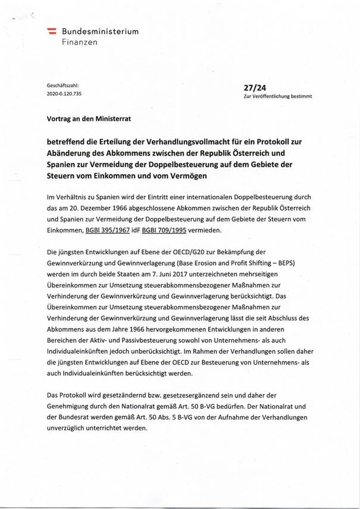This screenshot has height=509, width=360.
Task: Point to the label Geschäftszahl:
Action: tap(63, 86)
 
